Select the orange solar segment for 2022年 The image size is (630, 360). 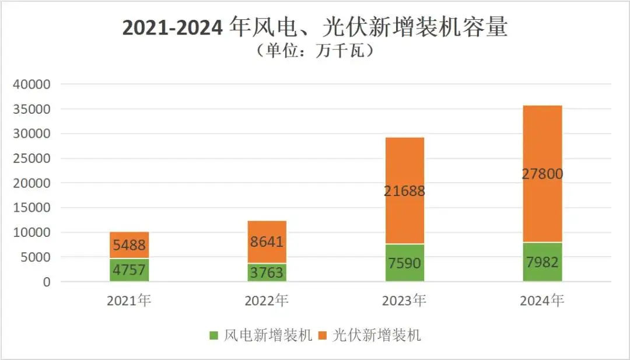[x=267, y=231]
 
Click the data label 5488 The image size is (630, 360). [x=129, y=246]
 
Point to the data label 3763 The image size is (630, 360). [x=267, y=272]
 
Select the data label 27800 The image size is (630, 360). [x=542, y=174]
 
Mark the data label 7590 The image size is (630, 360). [x=404, y=263]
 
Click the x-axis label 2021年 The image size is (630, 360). [x=129, y=301]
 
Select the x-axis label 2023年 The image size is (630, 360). [x=404, y=301]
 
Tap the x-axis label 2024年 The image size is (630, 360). [x=542, y=301]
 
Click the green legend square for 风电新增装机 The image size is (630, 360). [x=213, y=335]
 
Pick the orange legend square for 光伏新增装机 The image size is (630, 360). [x=325, y=335]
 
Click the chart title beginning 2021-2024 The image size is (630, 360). [x=314, y=28]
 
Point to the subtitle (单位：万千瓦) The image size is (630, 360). [x=314, y=51]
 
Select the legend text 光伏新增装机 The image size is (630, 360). [x=376, y=335]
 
